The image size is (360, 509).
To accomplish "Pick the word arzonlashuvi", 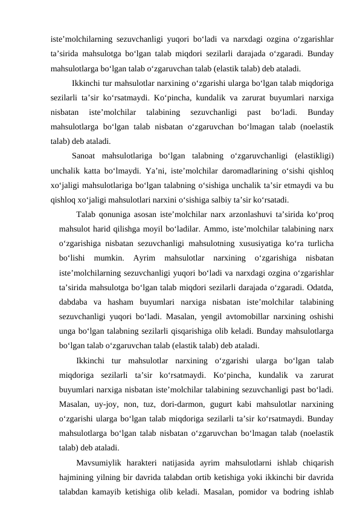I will (240, 216).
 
